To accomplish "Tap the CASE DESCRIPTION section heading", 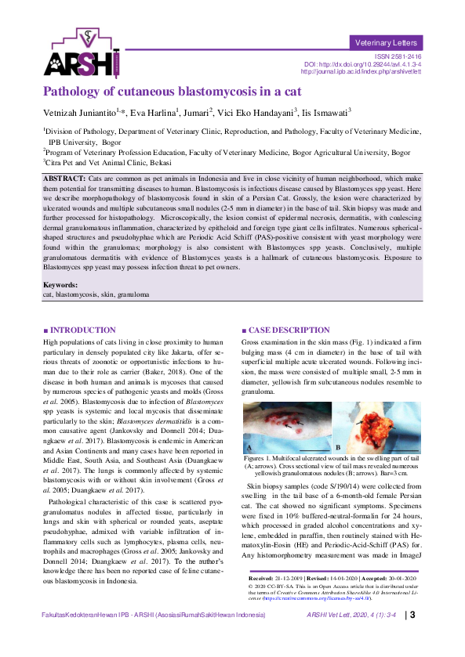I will click(x=284, y=331).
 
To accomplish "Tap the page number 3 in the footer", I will click(x=412, y=636).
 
